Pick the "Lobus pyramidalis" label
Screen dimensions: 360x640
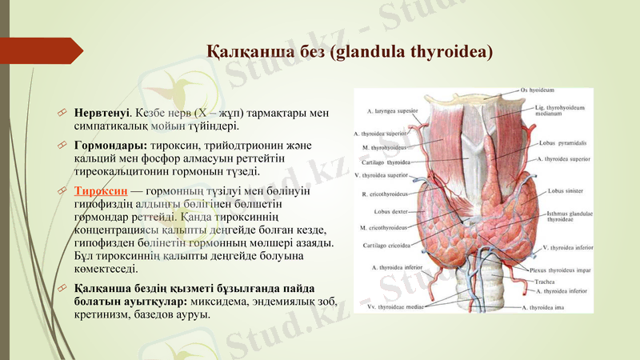click(x=569, y=144)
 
